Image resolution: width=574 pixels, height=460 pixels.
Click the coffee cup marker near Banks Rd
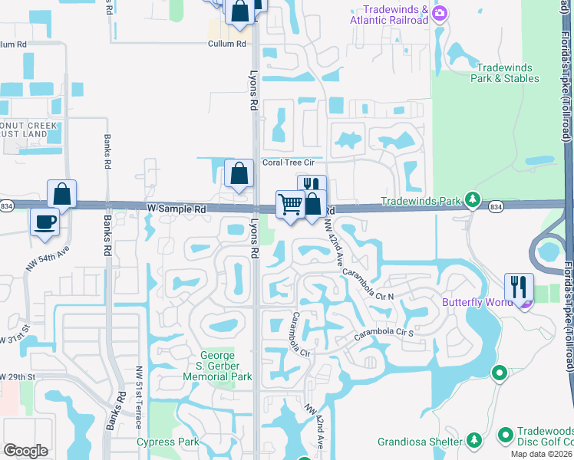45,222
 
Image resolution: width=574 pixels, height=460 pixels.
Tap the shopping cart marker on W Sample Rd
290,205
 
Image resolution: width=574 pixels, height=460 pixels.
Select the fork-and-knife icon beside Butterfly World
519,287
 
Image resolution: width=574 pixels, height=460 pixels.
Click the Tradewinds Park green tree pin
473,202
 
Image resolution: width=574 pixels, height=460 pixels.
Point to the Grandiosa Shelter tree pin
474,441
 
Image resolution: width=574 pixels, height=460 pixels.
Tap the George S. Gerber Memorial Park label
226,366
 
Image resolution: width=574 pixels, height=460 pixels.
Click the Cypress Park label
167,442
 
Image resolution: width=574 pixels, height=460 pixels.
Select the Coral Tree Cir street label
289,163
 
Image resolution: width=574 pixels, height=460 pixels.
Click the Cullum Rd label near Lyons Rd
227,44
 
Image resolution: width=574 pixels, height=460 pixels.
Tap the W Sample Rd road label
177,209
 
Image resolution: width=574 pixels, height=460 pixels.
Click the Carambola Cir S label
383,335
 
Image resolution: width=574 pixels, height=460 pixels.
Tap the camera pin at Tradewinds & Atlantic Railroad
440,14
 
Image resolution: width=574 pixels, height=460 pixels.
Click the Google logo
25,451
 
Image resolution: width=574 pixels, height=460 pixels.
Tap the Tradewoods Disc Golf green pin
505,435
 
